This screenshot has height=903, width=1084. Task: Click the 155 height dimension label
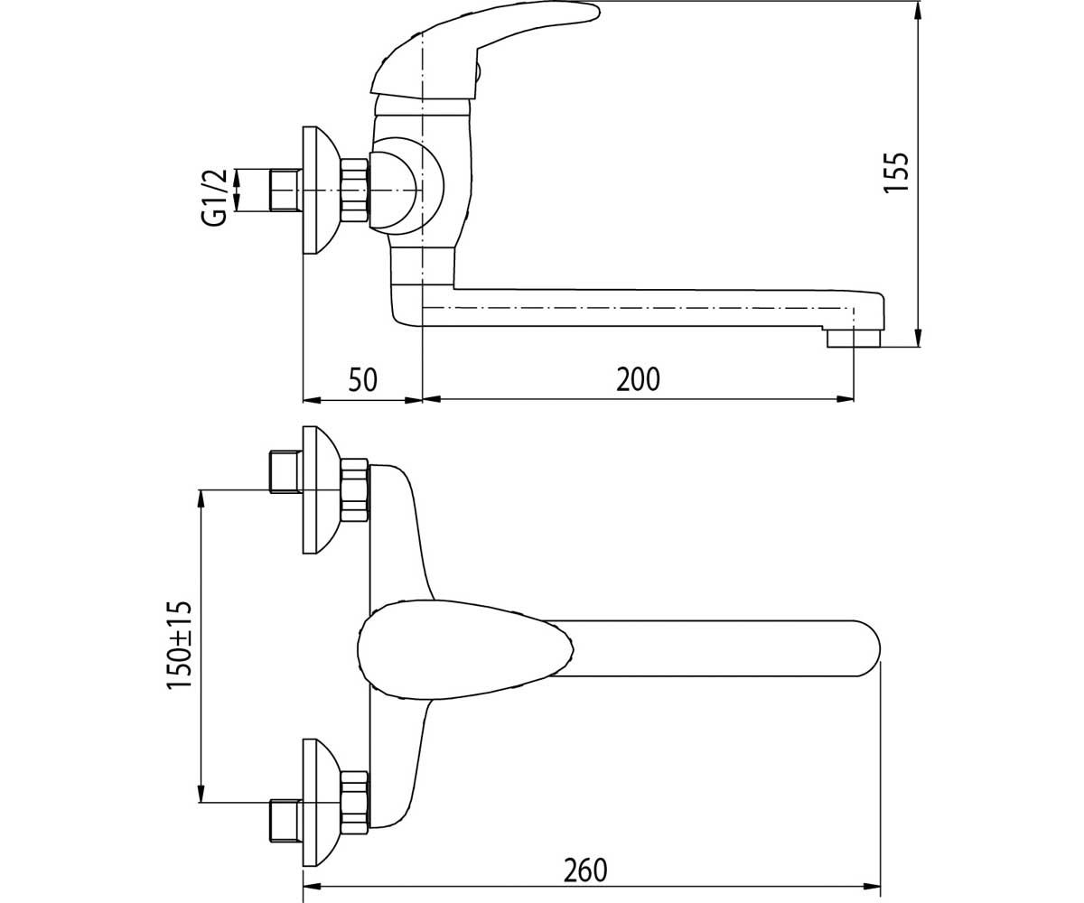coord(897,172)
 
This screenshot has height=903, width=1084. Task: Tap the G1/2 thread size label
coord(214,197)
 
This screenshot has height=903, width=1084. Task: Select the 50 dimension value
coord(362,379)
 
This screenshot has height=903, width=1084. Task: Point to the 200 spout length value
coord(638,379)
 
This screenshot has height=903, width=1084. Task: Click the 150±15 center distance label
coord(179,645)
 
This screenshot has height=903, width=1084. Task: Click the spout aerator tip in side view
coord(854,339)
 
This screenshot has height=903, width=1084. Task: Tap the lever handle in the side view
coord(485,50)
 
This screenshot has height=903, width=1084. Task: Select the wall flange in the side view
coord(321,190)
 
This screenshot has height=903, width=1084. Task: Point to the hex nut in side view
coord(355,191)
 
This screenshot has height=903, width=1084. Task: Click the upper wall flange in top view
coord(321,490)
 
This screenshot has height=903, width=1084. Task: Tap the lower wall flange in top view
coord(321,803)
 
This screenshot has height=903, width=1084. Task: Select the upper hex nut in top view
coord(355,490)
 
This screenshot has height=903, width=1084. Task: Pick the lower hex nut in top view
coord(355,803)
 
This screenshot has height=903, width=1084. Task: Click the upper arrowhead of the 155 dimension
coord(919,10)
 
